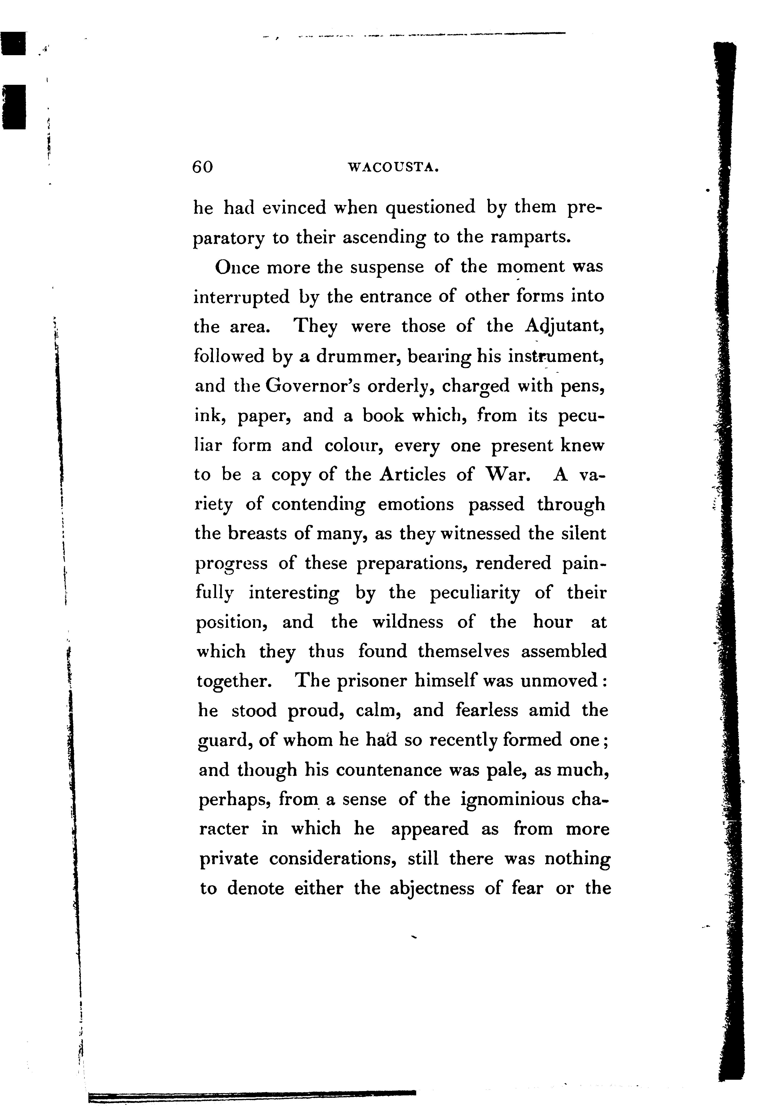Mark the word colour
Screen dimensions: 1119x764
point(354,445)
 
